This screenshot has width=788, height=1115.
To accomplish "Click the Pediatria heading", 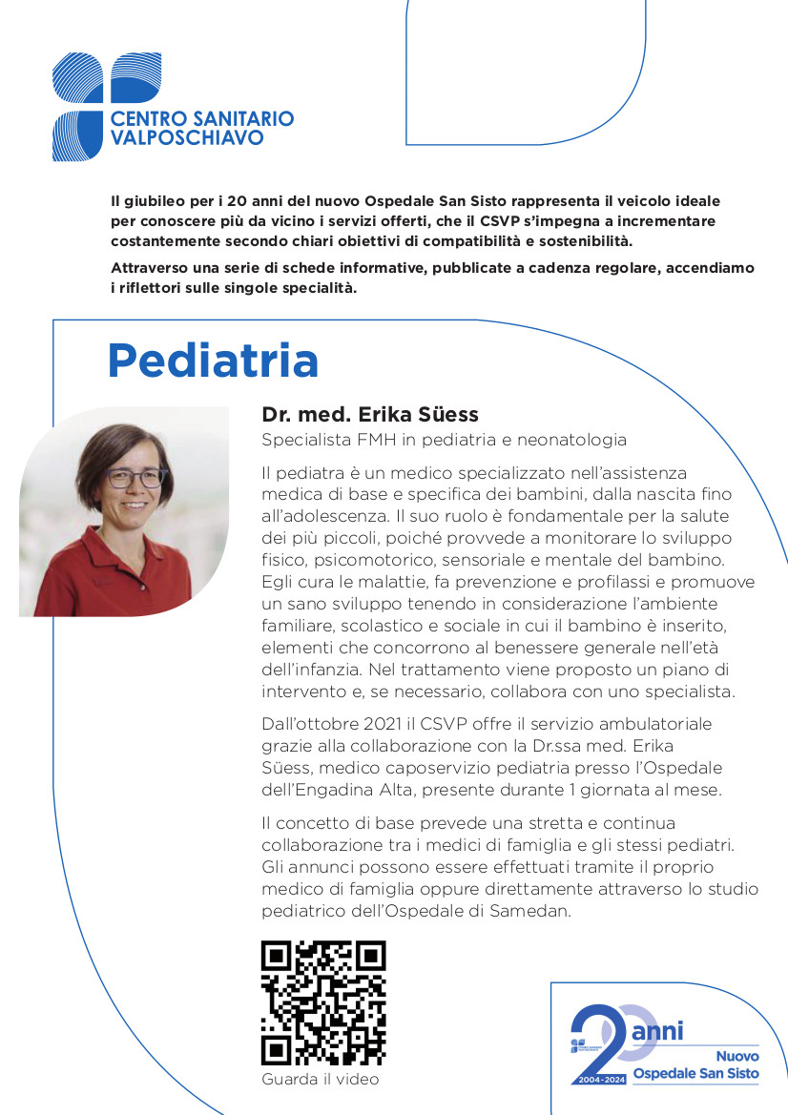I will tap(213, 361).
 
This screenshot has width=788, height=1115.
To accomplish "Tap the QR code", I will tap(323, 1002).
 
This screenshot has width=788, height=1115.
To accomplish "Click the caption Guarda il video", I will tap(320, 1079).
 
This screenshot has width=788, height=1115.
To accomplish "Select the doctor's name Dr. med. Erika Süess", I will tap(370, 414).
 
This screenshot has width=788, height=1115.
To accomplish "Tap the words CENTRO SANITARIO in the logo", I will tap(202, 119).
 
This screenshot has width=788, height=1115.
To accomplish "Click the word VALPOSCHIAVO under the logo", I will tap(187, 138).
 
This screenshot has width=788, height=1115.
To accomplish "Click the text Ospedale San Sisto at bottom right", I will tap(696, 1074).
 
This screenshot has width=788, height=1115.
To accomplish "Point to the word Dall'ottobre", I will tap(307, 724).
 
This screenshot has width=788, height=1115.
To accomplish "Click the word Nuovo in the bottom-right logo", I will tap(737, 1056).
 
